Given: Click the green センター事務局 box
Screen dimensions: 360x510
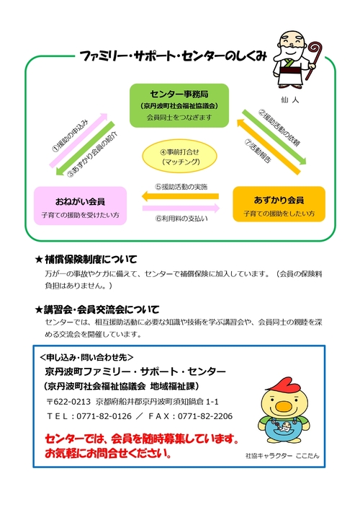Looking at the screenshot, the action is tap(179, 105).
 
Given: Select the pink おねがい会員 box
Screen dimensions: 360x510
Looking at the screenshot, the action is tap(80, 206).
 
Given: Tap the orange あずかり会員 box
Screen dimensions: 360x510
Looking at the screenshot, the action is tap(279, 204).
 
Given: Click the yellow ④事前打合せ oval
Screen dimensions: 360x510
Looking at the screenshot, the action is tap(179, 156).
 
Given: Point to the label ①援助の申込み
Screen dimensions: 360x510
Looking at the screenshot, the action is tap(70, 136).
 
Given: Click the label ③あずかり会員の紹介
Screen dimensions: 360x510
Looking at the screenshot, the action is tap(92, 154).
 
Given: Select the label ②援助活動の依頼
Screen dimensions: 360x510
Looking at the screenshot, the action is tap(279, 128).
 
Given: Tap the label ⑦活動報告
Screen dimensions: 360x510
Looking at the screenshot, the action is tap(258, 151).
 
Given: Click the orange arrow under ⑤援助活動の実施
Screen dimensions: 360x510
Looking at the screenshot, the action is tap(180, 196).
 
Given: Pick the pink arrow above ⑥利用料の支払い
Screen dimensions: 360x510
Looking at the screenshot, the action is tap(181, 208).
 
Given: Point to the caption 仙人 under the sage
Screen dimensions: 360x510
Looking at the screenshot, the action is tap(290, 100).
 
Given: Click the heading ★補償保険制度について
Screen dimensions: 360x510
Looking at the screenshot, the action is tap(86, 259).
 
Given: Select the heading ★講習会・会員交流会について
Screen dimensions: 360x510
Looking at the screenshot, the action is tap(97, 309).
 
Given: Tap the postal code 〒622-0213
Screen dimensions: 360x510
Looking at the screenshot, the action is tap(68, 402).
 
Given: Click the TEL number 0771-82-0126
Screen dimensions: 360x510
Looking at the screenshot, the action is tap(104, 416).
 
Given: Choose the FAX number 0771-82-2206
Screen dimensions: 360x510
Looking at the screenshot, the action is tap(205, 416).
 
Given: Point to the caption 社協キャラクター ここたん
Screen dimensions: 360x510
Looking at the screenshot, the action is tap(282, 456).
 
